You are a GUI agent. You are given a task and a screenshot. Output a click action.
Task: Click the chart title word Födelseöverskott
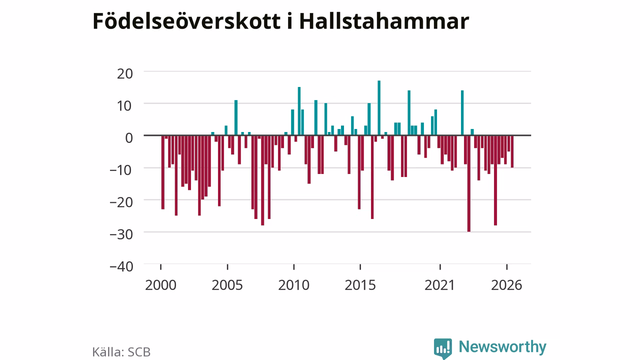tap(186, 21)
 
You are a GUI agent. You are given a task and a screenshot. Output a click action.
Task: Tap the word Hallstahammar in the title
tap(384, 21)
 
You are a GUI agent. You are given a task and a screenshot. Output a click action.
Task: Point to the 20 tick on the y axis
tap(125, 74)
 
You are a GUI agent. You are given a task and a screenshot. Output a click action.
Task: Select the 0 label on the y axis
tap(129, 138)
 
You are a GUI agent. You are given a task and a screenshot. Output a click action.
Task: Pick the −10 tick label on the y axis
tap(121, 170)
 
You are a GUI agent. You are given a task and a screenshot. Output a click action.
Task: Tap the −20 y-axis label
tap(121, 203)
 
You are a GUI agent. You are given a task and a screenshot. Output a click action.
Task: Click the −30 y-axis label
tap(121, 235)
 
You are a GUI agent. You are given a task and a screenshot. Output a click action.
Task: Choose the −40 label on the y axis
tap(121, 267)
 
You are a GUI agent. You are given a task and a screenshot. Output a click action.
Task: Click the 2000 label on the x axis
tap(160, 285)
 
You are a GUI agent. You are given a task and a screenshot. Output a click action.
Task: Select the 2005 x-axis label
tap(227, 285)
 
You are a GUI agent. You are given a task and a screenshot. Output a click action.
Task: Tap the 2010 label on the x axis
tap(293, 285)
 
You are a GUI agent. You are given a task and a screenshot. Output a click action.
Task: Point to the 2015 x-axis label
tap(360, 285)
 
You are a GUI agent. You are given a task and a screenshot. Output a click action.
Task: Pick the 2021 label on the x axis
tap(439, 285)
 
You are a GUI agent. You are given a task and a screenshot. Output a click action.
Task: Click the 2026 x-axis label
tap(506, 285)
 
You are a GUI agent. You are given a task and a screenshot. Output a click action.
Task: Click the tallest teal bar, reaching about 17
tap(379, 107)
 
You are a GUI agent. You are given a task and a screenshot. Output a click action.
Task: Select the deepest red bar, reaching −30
tap(469, 183)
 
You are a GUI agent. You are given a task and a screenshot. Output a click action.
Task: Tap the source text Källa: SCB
tap(121, 352)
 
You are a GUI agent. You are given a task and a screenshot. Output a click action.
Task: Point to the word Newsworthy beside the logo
tap(502, 346)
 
